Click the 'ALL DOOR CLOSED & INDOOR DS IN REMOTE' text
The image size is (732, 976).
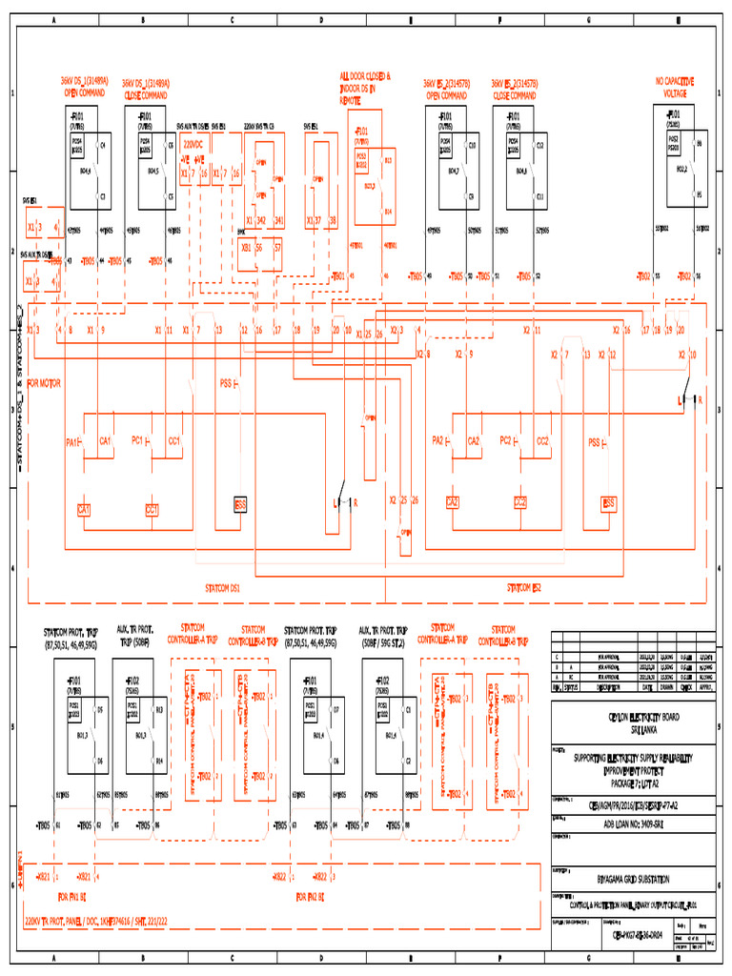point(365,87)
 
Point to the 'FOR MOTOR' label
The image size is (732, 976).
point(44,383)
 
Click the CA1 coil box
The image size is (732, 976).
point(84,510)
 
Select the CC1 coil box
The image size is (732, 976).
point(152,510)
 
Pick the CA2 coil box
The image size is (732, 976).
point(453,502)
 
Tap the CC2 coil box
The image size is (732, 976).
point(520,502)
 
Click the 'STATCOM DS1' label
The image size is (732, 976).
point(223,588)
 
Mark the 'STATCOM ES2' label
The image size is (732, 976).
point(524,588)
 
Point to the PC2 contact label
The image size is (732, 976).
point(505,440)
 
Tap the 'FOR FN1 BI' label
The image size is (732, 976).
point(71,896)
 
